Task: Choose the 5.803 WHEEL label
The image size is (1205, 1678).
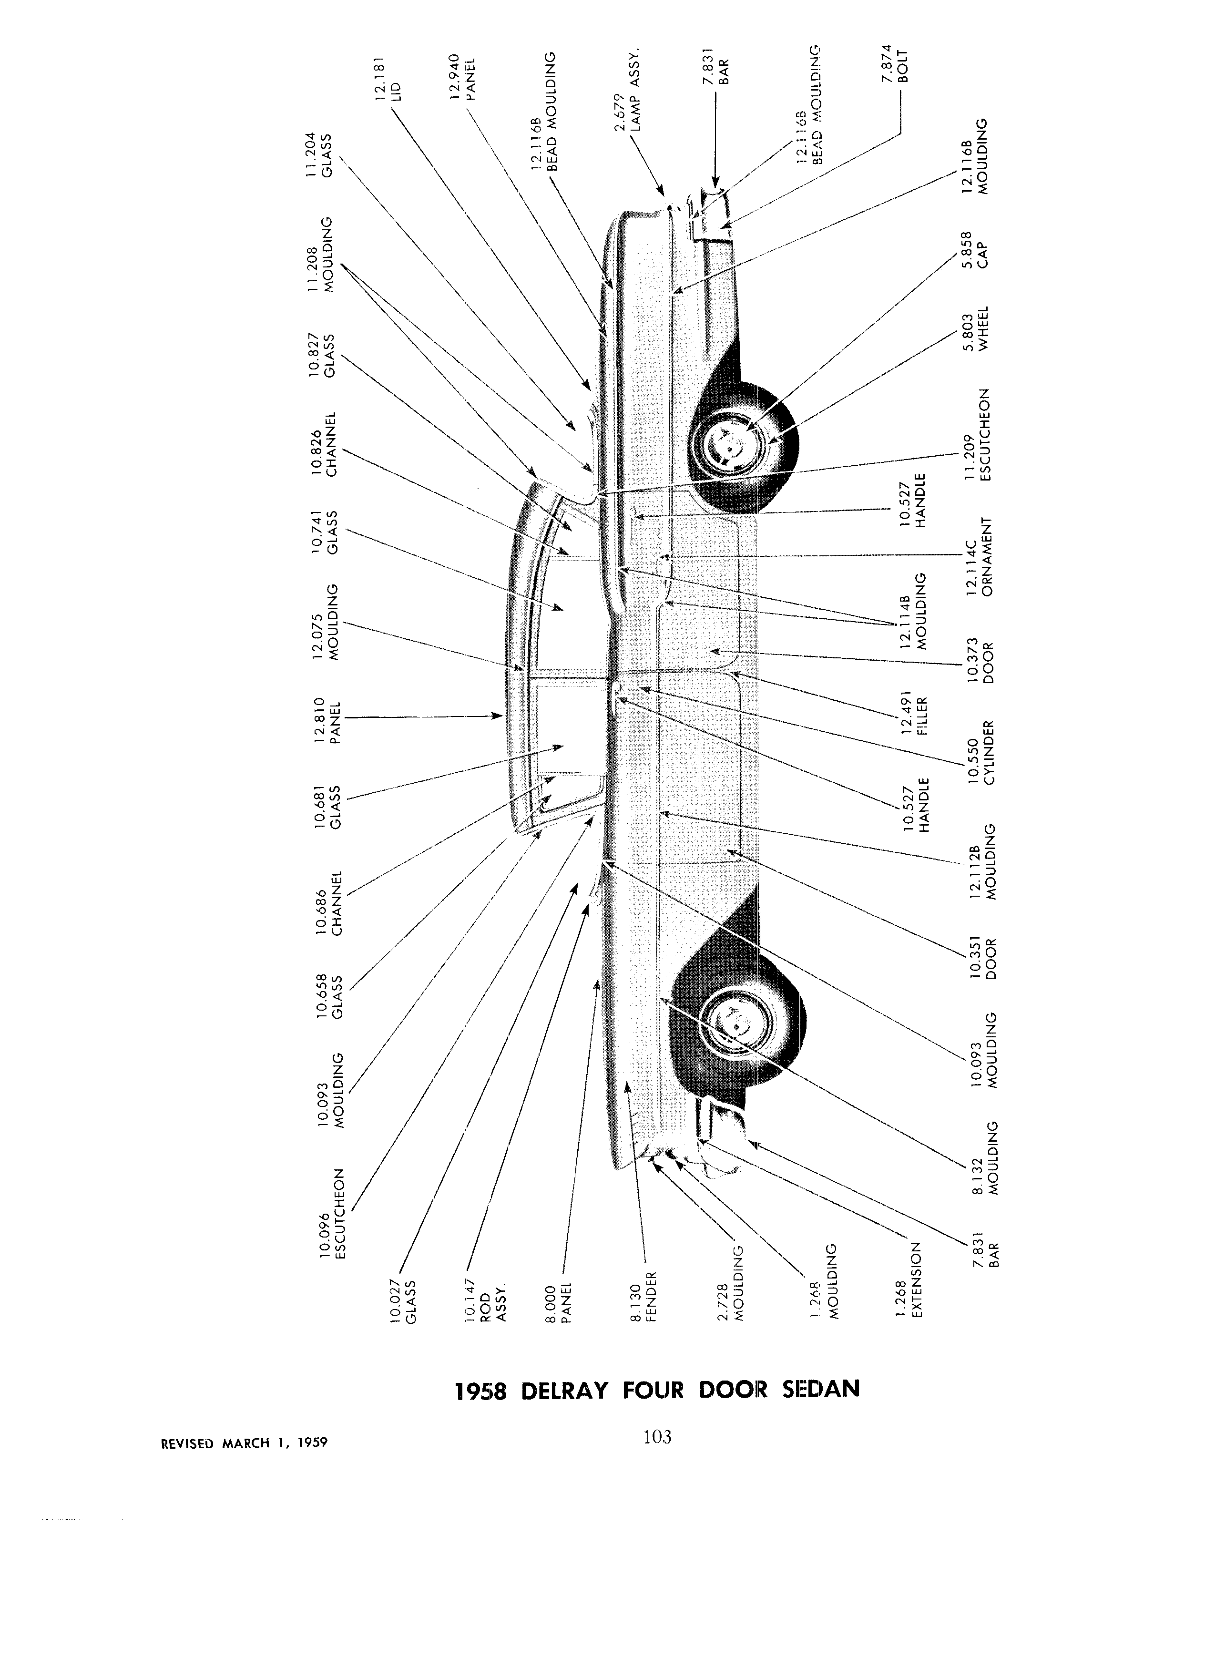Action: (976, 331)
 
